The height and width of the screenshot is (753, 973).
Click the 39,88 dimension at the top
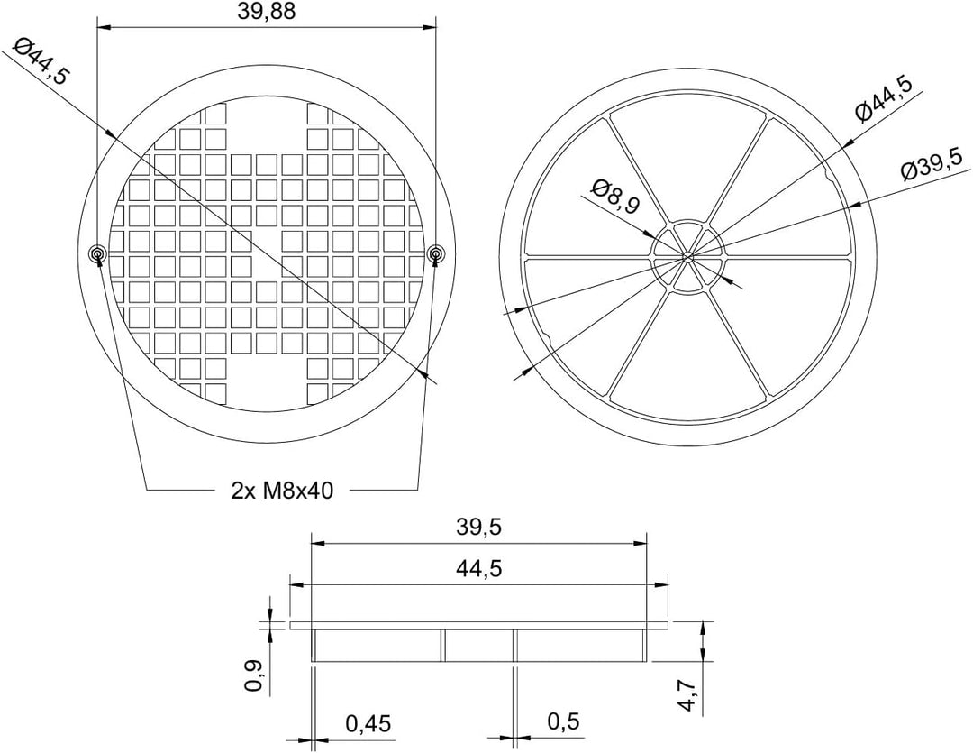[x=266, y=13]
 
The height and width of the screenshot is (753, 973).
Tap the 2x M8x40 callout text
[x=282, y=491]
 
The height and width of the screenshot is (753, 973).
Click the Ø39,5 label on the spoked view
[x=932, y=163]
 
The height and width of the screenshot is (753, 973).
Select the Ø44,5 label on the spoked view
[x=885, y=99]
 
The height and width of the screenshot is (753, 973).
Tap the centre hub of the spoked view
[x=685, y=254]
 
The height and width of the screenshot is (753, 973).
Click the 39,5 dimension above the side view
[x=478, y=528]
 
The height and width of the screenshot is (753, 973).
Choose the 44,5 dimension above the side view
[x=478, y=568]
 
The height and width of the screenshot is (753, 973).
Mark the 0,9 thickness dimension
[x=255, y=676]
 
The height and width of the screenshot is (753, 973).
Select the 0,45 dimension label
[x=368, y=723]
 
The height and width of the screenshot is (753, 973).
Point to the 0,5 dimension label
[x=563, y=721]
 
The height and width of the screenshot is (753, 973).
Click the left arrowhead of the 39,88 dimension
[x=105, y=27]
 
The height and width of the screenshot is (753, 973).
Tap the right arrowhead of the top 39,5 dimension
[x=640, y=543]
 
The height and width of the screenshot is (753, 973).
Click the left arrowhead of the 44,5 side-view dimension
[x=297, y=584]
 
